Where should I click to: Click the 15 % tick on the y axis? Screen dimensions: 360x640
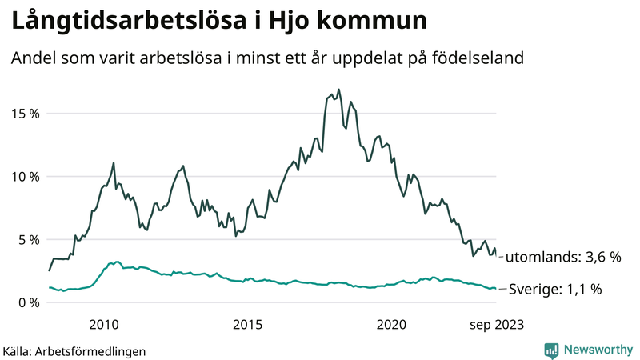[x=25, y=114]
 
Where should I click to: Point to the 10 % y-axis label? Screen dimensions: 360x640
[x=25, y=176]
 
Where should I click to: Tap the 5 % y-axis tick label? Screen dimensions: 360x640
[x=28, y=239]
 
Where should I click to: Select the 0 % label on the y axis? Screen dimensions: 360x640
[x=28, y=302]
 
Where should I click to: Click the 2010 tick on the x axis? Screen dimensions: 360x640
[x=104, y=324]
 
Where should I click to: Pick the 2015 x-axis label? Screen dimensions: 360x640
[x=248, y=324]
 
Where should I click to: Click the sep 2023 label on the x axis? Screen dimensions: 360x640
[x=496, y=324]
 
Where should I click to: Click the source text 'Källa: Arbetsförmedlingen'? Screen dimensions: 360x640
[x=74, y=351]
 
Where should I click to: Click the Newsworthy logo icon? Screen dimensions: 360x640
[x=551, y=350]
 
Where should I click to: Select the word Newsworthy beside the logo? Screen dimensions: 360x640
[x=598, y=350]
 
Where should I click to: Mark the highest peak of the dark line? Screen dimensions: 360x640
[x=339, y=90]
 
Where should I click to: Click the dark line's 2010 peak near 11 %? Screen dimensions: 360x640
[x=114, y=163]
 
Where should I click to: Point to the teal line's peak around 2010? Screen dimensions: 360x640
[x=117, y=262]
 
